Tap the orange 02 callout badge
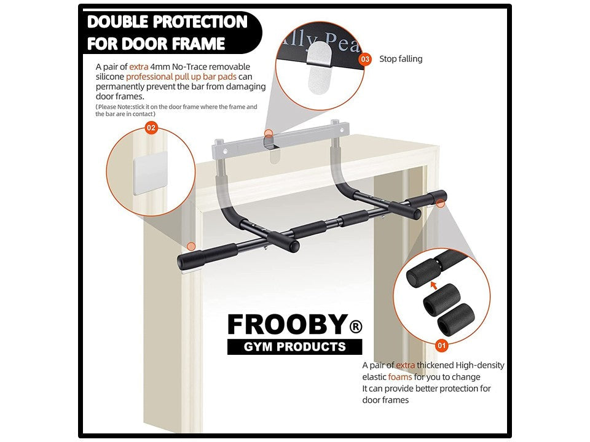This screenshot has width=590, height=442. (151, 128)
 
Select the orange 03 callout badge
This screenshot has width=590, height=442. (365, 59)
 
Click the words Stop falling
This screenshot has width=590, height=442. (401, 59)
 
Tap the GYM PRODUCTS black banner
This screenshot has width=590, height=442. (294, 347)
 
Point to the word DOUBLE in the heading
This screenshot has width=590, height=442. (124, 22)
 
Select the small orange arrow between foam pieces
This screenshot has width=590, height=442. (434, 285)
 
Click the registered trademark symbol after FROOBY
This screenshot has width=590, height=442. (355, 326)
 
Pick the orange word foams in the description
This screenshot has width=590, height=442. (400, 377)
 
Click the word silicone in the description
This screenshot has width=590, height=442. (110, 77)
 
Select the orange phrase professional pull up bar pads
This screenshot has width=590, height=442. (181, 77)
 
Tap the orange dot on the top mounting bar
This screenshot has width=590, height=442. (267, 133)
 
